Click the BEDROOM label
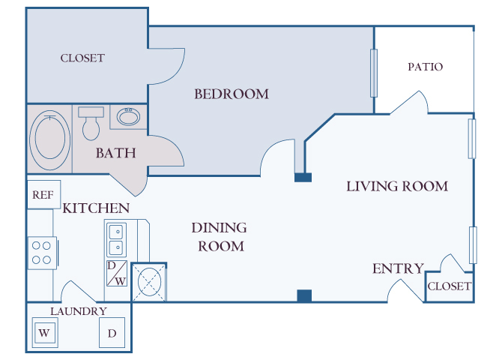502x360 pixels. pyautogui.click(x=232, y=94)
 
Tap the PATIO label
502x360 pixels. pyautogui.click(x=425, y=67)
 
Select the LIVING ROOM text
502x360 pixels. pyautogui.click(x=397, y=186)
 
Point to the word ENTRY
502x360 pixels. pyautogui.click(x=398, y=269)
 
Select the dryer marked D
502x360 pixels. pyautogui.click(x=112, y=333)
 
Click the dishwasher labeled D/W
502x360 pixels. pyautogui.click(x=116, y=273)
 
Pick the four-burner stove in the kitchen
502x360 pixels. pyautogui.click(x=43, y=253)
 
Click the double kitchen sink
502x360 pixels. pyautogui.click(x=116, y=239)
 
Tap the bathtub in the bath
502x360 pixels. pyautogui.click(x=50, y=136)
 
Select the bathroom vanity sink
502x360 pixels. pyautogui.click(x=129, y=117)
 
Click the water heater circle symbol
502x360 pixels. pyautogui.click(x=149, y=282)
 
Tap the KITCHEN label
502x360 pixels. pyautogui.click(x=96, y=208)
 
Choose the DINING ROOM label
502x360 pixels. pyautogui.click(x=219, y=236)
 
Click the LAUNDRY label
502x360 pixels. pyautogui.click(x=79, y=311)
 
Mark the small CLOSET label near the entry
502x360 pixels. pyautogui.click(x=449, y=286)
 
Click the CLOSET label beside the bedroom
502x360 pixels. pyautogui.click(x=82, y=58)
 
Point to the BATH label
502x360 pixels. pyautogui.click(x=116, y=154)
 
